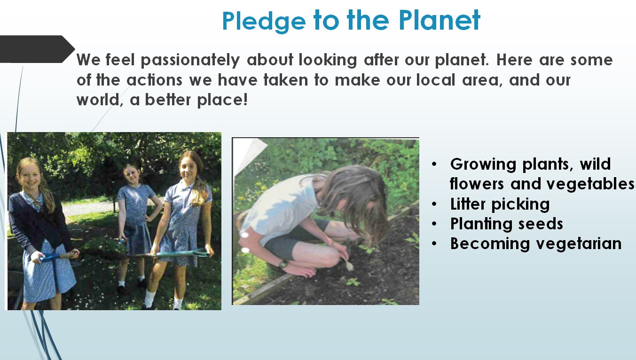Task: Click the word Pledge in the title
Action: coord(264,22)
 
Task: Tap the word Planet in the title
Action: coord(439,20)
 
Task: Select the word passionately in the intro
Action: coord(190,61)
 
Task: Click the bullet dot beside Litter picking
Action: coord(434,204)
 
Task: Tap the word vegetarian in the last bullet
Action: coord(579,243)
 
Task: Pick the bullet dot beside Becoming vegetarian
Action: coord(434,243)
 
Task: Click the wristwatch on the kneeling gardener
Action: coord(283,264)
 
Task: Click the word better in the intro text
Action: coord(168,100)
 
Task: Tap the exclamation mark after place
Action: coord(245,99)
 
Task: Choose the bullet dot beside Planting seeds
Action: coord(434,224)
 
